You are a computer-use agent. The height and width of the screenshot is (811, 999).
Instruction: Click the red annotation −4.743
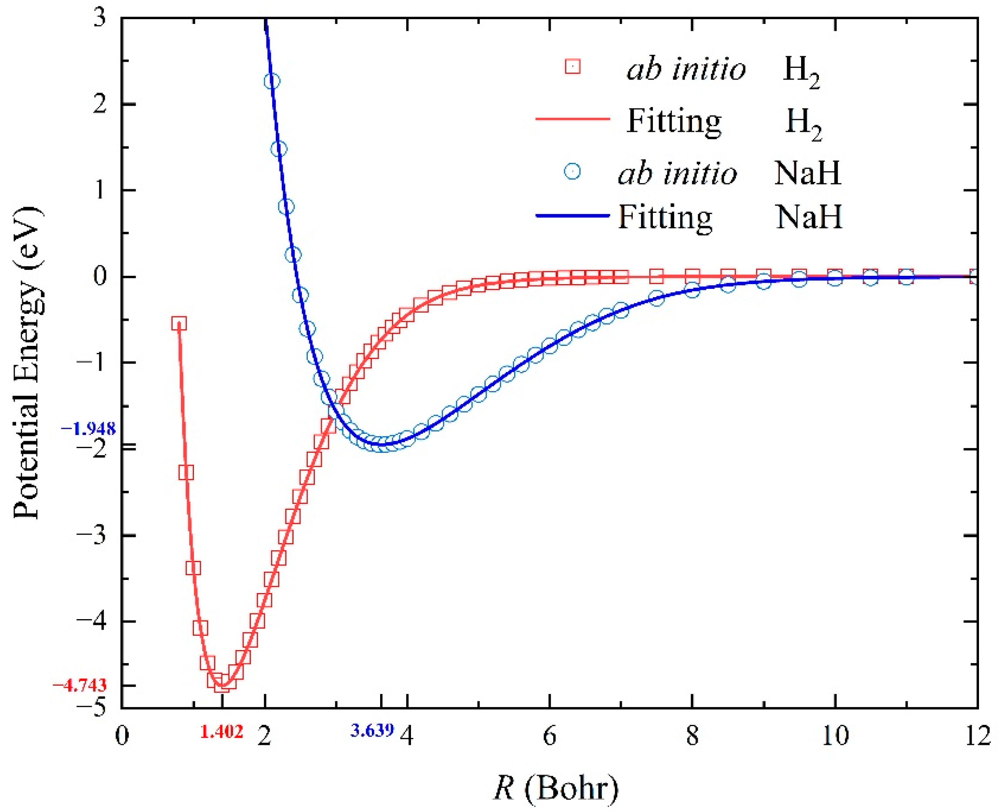pos(80,685)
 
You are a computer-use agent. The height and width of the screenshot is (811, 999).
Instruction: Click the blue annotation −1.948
pos(88,429)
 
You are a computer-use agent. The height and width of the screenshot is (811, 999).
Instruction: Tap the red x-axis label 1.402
pos(222,731)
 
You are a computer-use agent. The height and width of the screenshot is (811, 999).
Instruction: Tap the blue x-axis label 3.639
pos(372,730)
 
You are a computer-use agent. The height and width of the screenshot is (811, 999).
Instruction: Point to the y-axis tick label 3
pos(99,20)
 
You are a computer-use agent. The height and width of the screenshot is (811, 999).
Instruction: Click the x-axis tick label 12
pos(978,737)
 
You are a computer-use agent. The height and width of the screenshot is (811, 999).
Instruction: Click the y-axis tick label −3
pos(94,536)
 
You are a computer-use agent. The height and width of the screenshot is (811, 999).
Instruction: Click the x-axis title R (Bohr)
pos(556,788)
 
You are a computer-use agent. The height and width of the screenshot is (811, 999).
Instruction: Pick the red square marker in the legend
pos(573,67)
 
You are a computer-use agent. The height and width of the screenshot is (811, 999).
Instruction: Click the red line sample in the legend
pos(573,119)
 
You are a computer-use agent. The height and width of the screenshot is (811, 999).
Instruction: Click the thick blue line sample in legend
pos(573,216)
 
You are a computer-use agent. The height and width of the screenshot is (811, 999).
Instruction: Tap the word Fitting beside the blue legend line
pos(665,217)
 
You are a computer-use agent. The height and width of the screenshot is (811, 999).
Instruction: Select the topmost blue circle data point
pos(272,81)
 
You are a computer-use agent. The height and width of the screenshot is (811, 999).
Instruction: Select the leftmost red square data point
pos(179,323)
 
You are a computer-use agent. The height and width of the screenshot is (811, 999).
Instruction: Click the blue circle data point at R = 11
pos(905,277)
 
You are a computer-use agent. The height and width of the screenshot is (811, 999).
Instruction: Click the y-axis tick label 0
pos(99,277)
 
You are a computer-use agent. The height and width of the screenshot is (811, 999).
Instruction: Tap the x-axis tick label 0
pos(121,737)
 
